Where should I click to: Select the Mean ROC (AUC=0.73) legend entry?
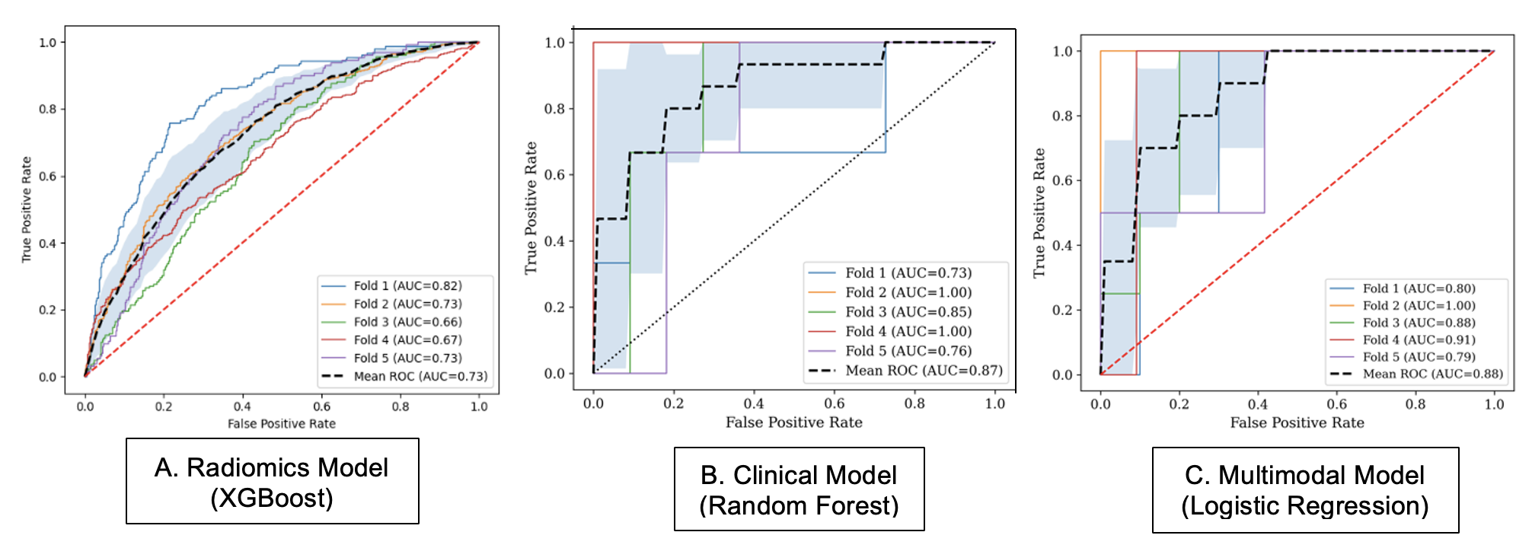(404, 376)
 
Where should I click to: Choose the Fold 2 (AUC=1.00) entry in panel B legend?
(890, 292)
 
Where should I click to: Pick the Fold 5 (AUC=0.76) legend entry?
(890, 351)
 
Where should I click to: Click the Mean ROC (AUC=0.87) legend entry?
(905, 371)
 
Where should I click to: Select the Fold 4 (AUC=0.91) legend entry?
(1403, 339)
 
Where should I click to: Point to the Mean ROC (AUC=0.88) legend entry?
(1416, 374)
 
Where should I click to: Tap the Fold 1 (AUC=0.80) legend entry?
(1403, 288)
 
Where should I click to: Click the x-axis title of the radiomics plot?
(282, 424)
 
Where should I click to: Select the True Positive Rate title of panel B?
(531, 208)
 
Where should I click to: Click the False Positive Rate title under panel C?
(1297, 422)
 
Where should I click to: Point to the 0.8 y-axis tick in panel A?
(48, 109)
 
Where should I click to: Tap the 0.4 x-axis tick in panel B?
(754, 403)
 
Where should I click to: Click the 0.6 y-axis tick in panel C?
(1062, 180)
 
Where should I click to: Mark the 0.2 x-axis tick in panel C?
(1179, 404)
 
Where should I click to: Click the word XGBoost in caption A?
(272, 499)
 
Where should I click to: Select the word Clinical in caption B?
(815, 476)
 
